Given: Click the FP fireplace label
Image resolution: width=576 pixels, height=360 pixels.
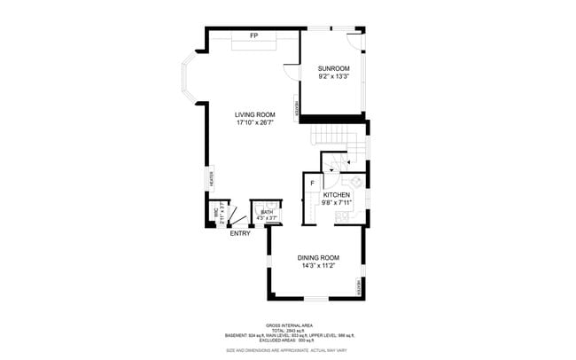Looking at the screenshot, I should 253,35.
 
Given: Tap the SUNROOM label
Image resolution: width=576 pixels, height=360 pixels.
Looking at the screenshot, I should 334,68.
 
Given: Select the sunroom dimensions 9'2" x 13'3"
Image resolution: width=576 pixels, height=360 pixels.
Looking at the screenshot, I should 334,76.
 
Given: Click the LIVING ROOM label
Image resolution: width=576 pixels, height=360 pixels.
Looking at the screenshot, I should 254,114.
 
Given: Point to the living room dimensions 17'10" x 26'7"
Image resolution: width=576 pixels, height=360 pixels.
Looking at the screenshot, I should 254,123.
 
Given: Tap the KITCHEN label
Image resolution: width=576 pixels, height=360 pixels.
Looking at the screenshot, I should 337,194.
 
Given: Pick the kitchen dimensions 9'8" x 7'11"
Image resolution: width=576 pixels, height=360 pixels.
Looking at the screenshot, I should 337,203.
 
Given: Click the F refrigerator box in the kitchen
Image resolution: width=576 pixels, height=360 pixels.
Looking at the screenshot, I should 312,184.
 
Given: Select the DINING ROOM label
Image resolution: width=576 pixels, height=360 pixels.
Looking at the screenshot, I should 318,258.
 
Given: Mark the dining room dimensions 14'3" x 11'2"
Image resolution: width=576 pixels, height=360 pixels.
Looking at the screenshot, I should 318,266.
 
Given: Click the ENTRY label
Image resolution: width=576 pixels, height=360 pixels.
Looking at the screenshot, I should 239,233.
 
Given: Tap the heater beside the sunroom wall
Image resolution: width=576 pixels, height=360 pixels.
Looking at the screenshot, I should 298,104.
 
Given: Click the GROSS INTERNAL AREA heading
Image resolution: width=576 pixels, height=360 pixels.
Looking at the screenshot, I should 287,325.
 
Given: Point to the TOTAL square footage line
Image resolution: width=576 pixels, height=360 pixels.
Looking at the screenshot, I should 287,332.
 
